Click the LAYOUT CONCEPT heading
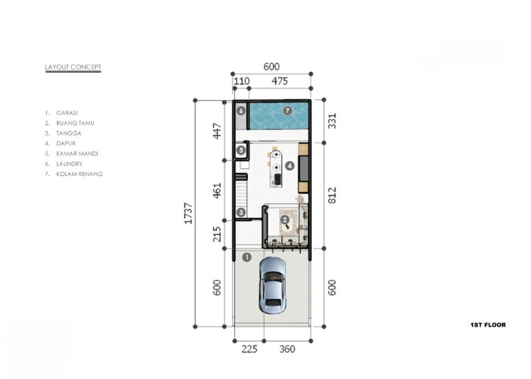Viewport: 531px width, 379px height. [x=73, y=67]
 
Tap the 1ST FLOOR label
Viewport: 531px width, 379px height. [x=488, y=325]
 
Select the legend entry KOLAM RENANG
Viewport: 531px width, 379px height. [x=80, y=174]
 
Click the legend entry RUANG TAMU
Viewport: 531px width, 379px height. [x=76, y=123]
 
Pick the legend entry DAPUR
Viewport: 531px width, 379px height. [x=66, y=143]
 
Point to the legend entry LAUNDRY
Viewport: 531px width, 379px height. [x=70, y=164]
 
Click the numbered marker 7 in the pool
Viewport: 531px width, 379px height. [x=287, y=111]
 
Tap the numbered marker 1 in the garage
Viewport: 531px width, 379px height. [x=247, y=257]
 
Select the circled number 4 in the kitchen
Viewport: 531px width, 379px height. [x=290, y=166]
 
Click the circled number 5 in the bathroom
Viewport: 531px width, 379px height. [x=240, y=150]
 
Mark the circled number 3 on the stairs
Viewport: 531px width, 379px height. [x=240, y=212]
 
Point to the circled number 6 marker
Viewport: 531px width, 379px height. [x=240, y=111]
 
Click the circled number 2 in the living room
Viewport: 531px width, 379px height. [x=284, y=220]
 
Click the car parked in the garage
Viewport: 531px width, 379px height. [x=272, y=285]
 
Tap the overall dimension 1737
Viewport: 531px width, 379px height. [x=188, y=214]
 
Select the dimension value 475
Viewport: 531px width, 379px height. [x=280, y=81]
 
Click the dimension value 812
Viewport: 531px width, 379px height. [x=332, y=196]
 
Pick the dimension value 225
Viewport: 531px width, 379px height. [x=250, y=349]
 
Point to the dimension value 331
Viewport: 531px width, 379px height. [x=332, y=121]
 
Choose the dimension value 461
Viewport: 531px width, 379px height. [x=217, y=190]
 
